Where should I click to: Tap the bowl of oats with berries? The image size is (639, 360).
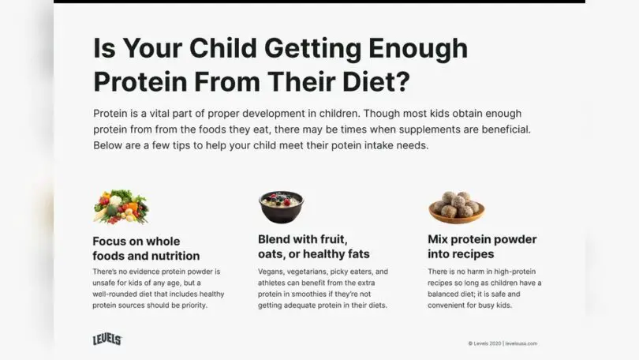[x=282, y=207]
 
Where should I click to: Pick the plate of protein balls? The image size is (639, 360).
[x=457, y=206]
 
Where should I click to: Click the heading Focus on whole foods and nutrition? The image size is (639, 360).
[x=146, y=248]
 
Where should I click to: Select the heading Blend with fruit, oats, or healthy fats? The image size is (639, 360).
[x=314, y=246]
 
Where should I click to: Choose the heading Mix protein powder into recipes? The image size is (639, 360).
[x=481, y=246]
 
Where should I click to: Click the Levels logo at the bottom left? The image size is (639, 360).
[x=107, y=339]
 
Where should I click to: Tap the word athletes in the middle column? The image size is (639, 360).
[x=274, y=283]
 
